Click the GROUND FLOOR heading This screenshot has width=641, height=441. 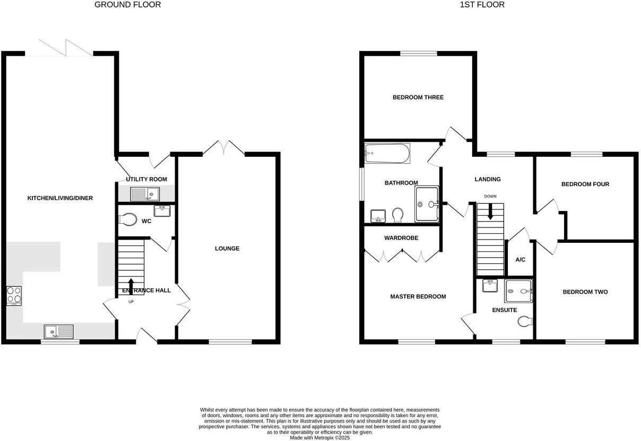[x=127, y=5]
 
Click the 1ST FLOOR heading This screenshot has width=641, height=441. [x=482, y=5]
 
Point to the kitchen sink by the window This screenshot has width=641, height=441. [x=60, y=332]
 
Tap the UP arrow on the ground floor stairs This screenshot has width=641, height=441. [x=131, y=285]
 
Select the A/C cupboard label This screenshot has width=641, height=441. [x=521, y=260]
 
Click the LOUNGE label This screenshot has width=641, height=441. [x=227, y=249]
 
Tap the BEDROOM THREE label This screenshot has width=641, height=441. [x=418, y=98]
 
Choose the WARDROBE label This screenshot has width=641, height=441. [x=401, y=238]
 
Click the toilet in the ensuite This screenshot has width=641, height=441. [x=525, y=321]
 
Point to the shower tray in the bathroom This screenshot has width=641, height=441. [x=427, y=204]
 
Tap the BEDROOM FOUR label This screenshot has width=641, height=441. [x=585, y=184]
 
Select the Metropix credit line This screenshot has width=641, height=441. [x=320, y=438]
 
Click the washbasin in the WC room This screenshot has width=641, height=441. [x=161, y=211]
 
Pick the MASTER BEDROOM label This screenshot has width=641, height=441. [x=418, y=297]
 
